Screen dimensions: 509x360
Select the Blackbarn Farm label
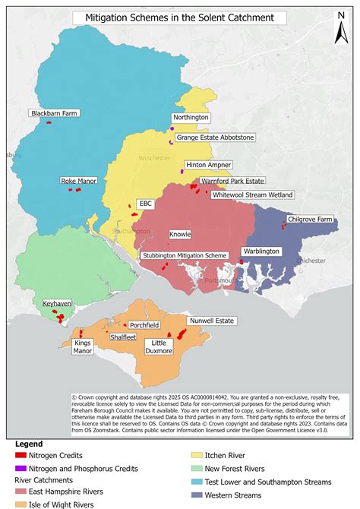(55, 113)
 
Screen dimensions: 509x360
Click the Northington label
(190, 118)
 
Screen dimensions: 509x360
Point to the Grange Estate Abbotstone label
(216, 138)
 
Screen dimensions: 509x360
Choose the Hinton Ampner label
(209, 164)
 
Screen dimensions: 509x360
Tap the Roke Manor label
(79, 182)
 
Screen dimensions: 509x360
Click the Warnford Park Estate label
(232, 182)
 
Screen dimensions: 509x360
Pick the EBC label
(146, 204)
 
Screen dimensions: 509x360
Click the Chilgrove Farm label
(311, 219)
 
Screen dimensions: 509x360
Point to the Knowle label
(180, 235)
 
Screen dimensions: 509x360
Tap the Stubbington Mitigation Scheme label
(185, 256)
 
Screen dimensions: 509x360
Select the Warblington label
(261, 251)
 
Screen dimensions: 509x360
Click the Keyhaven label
(57, 303)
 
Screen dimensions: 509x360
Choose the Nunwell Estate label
(211, 321)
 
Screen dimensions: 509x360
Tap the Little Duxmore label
(159, 347)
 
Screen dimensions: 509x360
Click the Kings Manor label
(83, 347)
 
